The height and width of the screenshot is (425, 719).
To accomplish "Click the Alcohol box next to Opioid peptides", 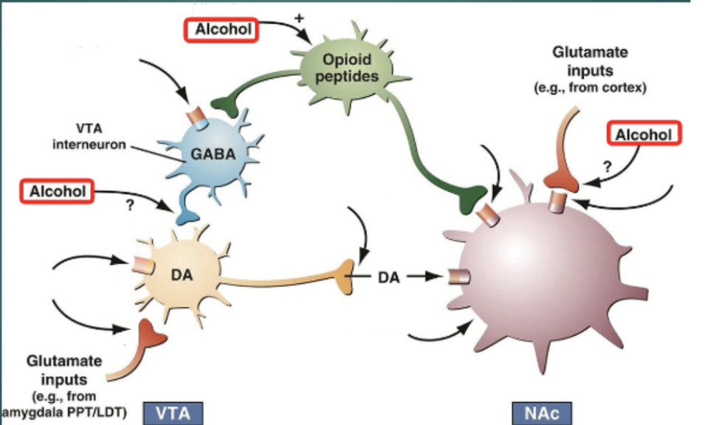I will (221, 30).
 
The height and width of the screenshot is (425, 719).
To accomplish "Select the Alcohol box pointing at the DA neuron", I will (58, 192).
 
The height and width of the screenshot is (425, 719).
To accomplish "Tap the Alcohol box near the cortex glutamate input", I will (643, 134).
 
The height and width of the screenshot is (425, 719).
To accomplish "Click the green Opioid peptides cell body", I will (345, 67).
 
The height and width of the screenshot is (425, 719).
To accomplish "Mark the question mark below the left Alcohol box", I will (130, 207).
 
